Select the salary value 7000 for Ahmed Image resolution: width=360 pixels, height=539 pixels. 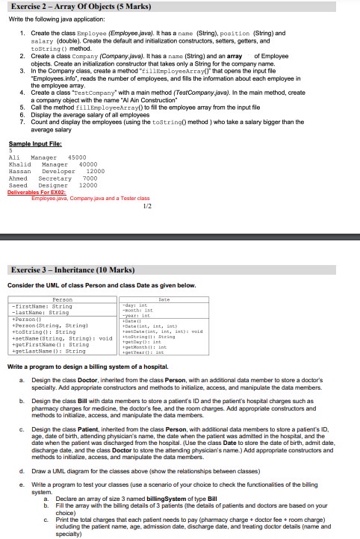pos(90,178)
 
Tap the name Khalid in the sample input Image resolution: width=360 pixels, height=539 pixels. pos(19,164)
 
